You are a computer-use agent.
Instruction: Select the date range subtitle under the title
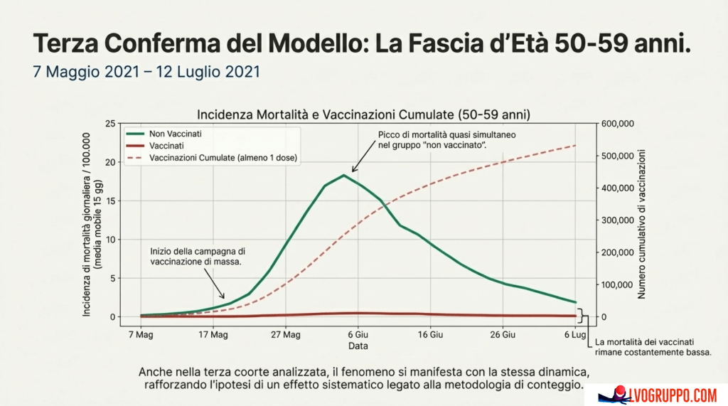pos(146,72)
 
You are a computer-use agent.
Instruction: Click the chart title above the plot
pos(363,114)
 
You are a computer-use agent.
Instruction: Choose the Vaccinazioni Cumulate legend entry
pos(223,157)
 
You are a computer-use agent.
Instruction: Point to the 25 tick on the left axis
pos(109,124)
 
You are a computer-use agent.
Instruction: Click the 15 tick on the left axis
pos(109,201)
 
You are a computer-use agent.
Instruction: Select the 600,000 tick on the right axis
pos(617,124)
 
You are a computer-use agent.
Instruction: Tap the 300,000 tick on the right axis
pos(617,220)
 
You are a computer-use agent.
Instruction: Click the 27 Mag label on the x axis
pos(284,333)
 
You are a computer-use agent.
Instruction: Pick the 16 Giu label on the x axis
pos(431,333)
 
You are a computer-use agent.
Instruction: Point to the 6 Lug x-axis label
pos(574,333)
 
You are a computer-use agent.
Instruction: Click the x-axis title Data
pos(358,346)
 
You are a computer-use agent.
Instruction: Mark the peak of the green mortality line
pos(344,175)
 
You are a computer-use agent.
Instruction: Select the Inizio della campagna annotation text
pos(197,257)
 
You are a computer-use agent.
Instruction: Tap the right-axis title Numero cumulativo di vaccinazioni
pos(642,223)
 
